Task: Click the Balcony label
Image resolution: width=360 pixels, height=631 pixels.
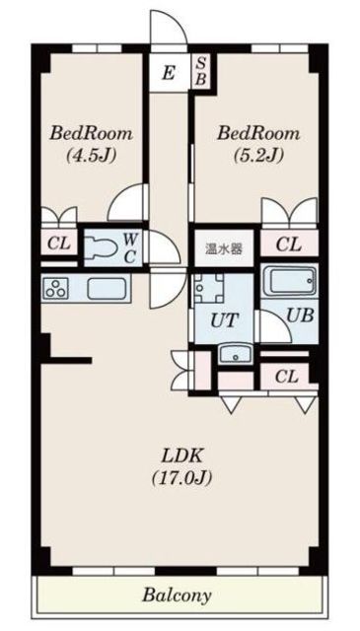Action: (178, 596)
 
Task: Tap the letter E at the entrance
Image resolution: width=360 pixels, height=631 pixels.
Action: (168, 73)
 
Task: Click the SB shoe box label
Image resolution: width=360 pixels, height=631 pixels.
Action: (200, 72)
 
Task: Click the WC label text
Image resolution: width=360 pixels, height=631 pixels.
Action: (130, 246)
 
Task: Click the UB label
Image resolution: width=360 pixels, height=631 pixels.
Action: (296, 316)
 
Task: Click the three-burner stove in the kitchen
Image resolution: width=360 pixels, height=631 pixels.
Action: (56, 289)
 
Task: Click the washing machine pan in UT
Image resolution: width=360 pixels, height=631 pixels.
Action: (209, 289)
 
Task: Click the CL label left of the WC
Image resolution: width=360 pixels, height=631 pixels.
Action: (57, 244)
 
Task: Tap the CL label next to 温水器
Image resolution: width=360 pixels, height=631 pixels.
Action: (288, 245)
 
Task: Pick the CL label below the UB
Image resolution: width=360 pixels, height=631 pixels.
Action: (286, 376)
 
